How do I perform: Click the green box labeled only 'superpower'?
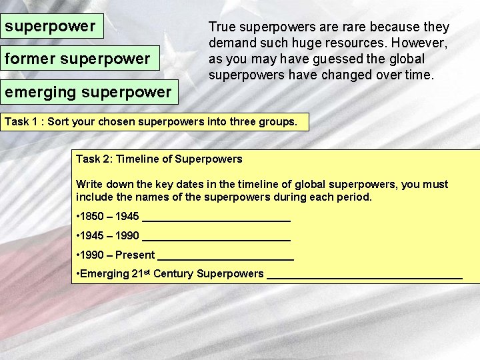coord(53,27)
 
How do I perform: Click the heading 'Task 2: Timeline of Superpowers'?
coord(159,159)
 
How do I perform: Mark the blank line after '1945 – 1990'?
coord(217,237)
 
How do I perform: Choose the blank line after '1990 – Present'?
coord(227,257)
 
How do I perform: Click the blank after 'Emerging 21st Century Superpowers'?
coord(364,275)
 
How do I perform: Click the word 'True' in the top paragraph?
coord(222,27)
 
